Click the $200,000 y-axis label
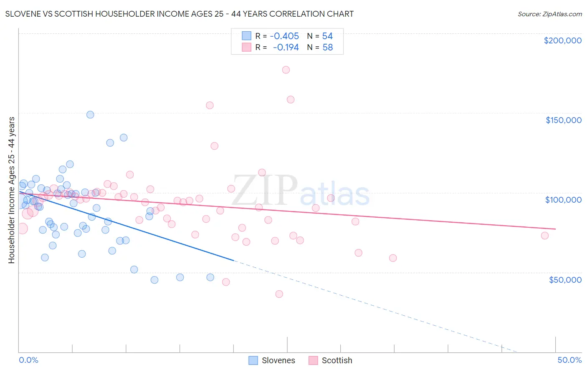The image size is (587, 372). pyautogui.click(x=562, y=40)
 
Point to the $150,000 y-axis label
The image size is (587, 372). pyautogui.click(x=563, y=120)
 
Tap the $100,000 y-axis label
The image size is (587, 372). pyautogui.click(x=563, y=200)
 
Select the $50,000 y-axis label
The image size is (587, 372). pyautogui.click(x=565, y=279)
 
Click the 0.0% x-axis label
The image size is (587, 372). pyautogui.click(x=28, y=360)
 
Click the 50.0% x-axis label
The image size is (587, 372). pyautogui.click(x=569, y=360)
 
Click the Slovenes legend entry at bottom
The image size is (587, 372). pyautogui.click(x=272, y=360)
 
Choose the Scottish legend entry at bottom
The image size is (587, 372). pyautogui.click(x=330, y=360)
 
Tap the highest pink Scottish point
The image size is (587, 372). pyautogui.click(x=286, y=70)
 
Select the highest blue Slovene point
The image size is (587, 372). pyautogui.click(x=90, y=115)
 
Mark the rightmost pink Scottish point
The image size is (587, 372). pyautogui.click(x=545, y=236)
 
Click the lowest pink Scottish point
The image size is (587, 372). pyautogui.click(x=279, y=294)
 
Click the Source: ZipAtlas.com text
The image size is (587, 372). pyautogui.click(x=549, y=14)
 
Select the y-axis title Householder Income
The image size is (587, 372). pyautogui.click(x=11, y=190)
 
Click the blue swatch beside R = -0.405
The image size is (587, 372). pyautogui.click(x=247, y=36)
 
